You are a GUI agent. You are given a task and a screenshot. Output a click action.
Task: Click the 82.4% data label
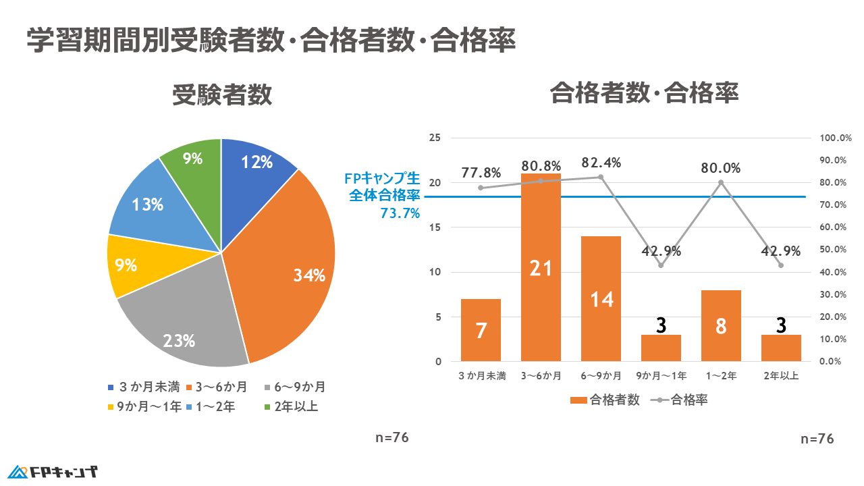[x=601, y=163]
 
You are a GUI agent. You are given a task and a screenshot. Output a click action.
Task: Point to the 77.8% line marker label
[x=481, y=173]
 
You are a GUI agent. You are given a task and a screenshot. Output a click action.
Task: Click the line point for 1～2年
[x=721, y=182]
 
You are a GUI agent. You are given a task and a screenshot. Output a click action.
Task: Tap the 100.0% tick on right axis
[x=836, y=138]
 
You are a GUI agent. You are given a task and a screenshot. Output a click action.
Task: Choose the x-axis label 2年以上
[x=781, y=376]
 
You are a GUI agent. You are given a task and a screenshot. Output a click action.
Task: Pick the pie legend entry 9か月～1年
[x=144, y=406]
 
